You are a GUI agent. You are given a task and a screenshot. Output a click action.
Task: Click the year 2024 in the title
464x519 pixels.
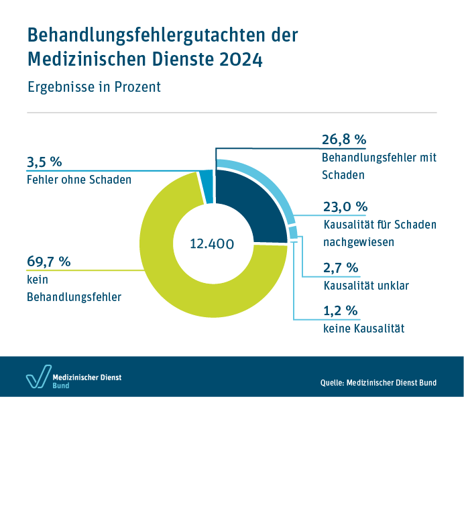coord(241,59)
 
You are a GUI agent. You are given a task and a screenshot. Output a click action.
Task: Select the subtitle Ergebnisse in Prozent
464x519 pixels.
coord(94,87)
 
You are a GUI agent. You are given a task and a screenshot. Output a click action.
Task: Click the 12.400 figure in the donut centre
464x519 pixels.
coord(212,244)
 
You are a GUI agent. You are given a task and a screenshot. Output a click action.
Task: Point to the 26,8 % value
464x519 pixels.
coord(344,139)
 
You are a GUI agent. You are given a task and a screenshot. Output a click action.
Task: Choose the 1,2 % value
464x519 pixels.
coord(340,311)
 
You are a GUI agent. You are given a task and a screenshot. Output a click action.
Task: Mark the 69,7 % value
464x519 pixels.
coord(48,262)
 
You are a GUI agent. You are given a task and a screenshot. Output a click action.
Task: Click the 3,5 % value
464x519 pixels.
coord(44,162)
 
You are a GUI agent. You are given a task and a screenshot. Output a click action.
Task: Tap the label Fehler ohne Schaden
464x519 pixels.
coord(79,180)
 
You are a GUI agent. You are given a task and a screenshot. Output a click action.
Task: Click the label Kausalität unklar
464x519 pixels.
coord(366,286)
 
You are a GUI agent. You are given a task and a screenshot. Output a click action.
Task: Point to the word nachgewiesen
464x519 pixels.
coord(359,241)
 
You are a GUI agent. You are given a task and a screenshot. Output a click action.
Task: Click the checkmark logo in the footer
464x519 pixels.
coord(38,378)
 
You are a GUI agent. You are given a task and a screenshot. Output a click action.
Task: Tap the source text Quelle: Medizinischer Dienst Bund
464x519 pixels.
coord(378,383)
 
